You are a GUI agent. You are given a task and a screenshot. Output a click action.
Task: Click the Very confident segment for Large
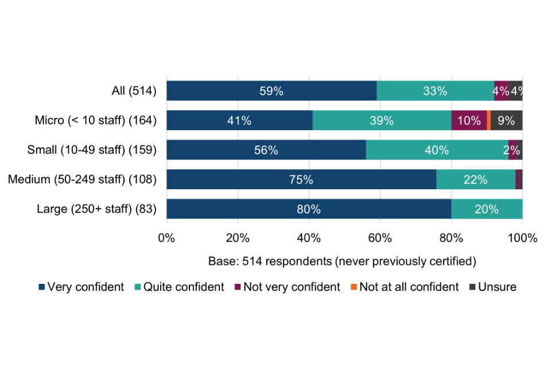coord(309,209)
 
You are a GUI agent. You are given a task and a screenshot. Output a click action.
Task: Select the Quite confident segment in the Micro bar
coord(382,120)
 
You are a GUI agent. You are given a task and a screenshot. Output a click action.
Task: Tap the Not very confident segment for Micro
coord(469,120)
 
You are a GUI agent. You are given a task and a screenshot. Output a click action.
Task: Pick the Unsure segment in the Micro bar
coord(506,120)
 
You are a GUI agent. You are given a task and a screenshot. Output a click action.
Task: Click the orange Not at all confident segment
coord(488,120)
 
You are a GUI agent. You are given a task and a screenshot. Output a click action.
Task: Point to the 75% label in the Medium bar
coord(301,179)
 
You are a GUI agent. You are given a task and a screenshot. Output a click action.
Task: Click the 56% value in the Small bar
coord(266,150)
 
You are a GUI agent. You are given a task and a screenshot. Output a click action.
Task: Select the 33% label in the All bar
coord(435,91)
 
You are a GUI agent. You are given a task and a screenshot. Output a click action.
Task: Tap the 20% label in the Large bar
coord(487,209)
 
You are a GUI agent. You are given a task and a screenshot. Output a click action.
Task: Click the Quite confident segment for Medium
coord(476,179)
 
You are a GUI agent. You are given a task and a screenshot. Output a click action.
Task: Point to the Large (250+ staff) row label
coord(97,209)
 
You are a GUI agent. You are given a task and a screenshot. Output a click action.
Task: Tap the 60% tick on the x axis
coord(380,237)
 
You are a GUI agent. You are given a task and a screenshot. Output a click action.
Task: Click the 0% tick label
coord(166,237)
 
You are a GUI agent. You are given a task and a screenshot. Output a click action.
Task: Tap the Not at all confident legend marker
coord(354,287)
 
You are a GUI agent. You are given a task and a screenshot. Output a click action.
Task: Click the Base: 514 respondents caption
coord(343,262)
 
